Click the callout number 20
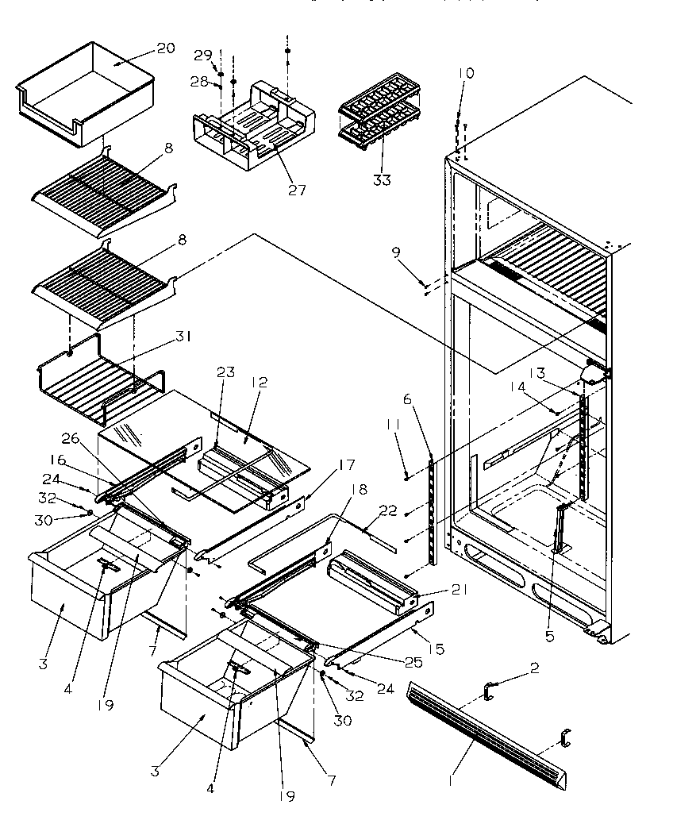(x=165, y=48)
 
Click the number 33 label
(x=382, y=180)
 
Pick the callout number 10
(x=466, y=73)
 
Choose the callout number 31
(x=184, y=337)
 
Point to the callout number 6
(x=407, y=399)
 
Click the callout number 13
(x=537, y=373)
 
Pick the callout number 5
(x=549, y=635)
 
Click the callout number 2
(x=534, y=668)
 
